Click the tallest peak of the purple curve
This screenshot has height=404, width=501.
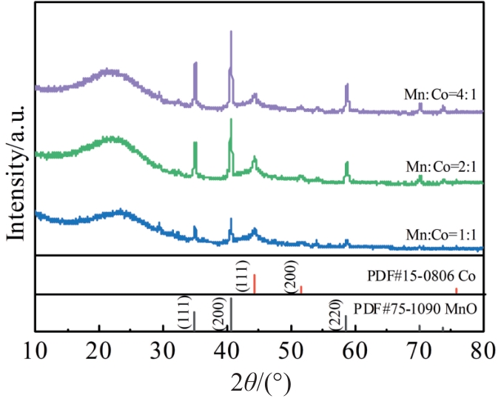coord(232,33)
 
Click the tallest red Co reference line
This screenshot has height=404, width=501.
coord(255,284)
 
